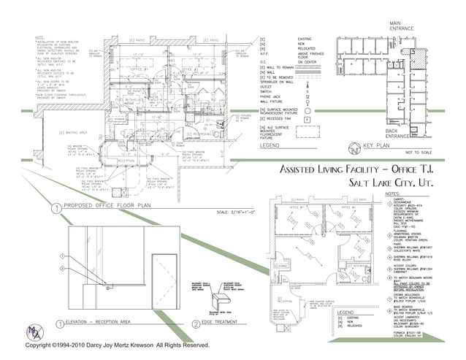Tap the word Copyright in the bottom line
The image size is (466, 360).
(42, 345)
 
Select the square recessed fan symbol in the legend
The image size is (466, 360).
(308, 118)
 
